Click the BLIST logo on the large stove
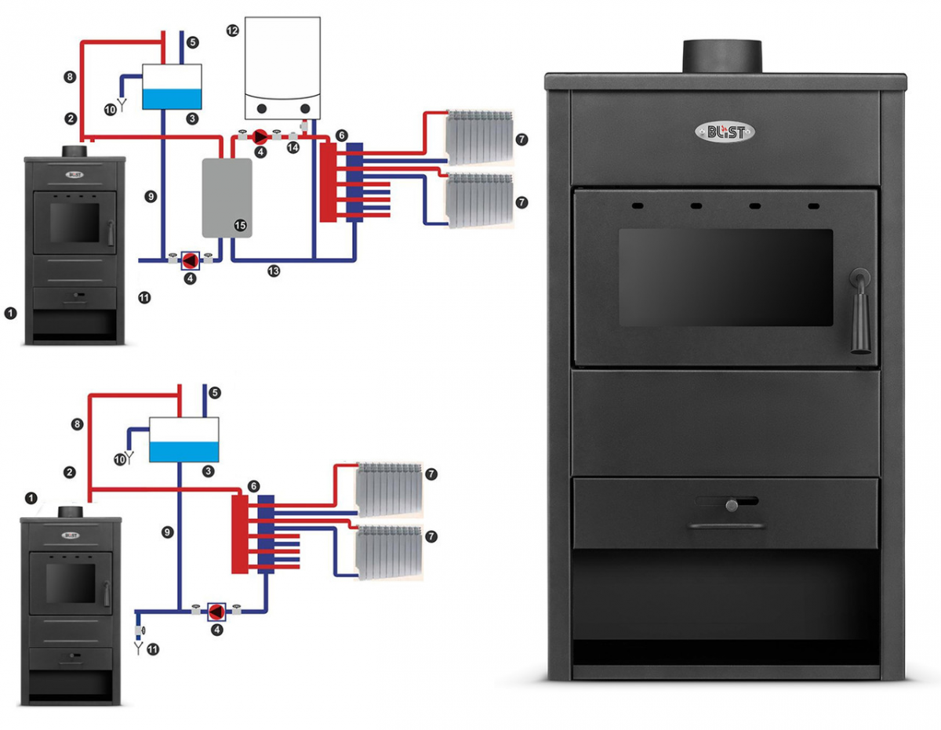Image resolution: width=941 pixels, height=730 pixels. pyautogui.click(x=725, y=132)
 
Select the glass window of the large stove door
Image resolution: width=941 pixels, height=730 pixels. pyautogui.click(x=725, y=277)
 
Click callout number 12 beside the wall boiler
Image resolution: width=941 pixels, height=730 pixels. pyautogui.click(x=231, y=31)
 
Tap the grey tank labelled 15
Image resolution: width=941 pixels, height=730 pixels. pyautogui.click(x=227, y=197)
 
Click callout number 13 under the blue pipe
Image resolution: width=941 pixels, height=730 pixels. pyautogui.click(x=273, y=271)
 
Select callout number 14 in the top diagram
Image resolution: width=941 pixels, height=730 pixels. pyautogui.click(x=293, y=147)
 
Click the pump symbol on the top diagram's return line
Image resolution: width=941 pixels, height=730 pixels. pyautogui.click(x=191, y=260)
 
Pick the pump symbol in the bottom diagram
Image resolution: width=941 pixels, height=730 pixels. pyautogui.click(x=216, y=612)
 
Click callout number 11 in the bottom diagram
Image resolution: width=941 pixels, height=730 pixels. pyautogui.click(x=152, y=649)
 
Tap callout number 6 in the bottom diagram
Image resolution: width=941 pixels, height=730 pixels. pyautogui.click(x=253, y=486)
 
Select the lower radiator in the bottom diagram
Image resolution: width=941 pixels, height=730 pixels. pyautogui.click(x=387, y=554)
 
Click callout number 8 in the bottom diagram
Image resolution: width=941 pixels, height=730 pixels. pyautogui.click(x=77, y=424)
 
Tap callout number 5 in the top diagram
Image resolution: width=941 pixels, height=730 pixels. pyautogui.click(x=194, y=42)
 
